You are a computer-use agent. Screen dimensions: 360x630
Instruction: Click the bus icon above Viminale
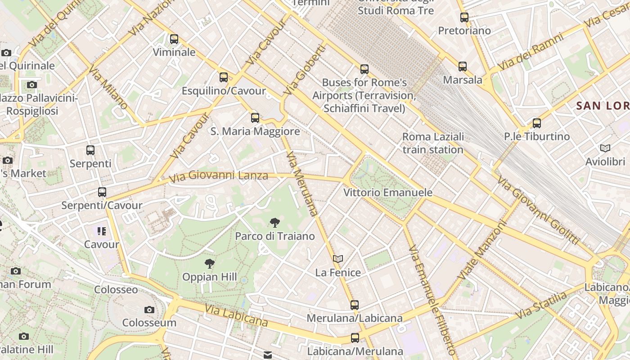tap(174, 39)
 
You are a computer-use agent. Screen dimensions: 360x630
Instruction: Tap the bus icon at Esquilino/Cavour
tap(224, 77)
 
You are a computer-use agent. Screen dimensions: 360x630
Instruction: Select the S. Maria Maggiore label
tap(255, 131)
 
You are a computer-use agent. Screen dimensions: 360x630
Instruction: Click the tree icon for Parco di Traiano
tap(274, 223)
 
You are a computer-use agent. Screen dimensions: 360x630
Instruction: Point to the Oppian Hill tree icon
tap(209, 264)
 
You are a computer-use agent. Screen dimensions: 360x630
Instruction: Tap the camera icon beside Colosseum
tap(149, 310)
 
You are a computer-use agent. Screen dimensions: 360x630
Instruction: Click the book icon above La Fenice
tap(338, 259)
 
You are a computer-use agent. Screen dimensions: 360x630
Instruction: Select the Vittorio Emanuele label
tap(388, 193)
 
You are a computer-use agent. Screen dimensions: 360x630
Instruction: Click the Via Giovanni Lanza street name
tap(219, 176)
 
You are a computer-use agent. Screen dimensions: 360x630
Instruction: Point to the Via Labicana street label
tap(236, 315)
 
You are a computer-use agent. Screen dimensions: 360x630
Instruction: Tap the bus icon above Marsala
tap(463, 67)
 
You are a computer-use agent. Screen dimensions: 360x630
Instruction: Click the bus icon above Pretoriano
tap(464, 18)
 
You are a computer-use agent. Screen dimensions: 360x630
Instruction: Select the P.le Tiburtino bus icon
tap(536, 123)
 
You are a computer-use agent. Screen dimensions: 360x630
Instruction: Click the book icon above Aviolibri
tap(605, 148)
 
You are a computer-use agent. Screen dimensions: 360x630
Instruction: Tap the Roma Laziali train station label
tap(432, 143)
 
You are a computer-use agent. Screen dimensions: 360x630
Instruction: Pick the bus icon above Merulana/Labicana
tap(355, 305)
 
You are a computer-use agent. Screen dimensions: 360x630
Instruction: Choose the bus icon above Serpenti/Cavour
tap(102, 192)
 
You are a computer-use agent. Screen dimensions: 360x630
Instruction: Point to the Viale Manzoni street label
tap(482, 250)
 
